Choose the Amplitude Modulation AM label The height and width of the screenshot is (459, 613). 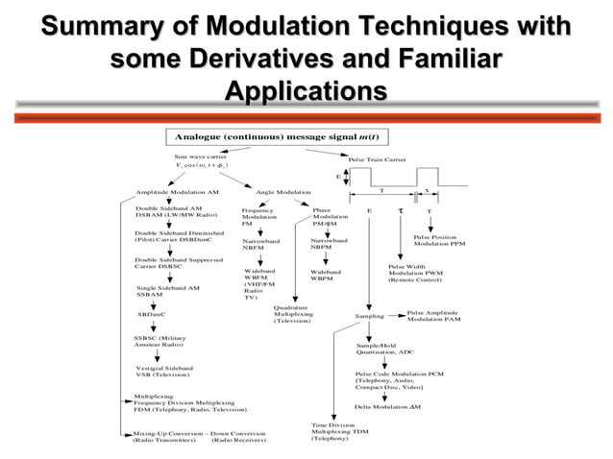(177, 192)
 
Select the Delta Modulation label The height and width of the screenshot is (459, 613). (388, 407)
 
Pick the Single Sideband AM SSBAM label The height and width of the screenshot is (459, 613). (167, 292)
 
